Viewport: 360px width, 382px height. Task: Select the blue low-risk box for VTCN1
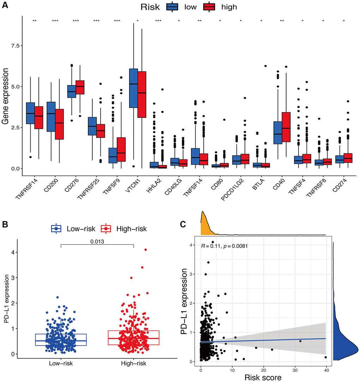[x=133, y=88]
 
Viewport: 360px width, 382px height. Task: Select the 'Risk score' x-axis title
[x=263, y=377]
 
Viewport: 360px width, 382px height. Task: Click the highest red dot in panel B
[x=145, y=250]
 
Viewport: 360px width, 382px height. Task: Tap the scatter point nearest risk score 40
[x=325, y=357]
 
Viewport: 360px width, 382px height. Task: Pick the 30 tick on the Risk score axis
[x=294, y=368]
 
